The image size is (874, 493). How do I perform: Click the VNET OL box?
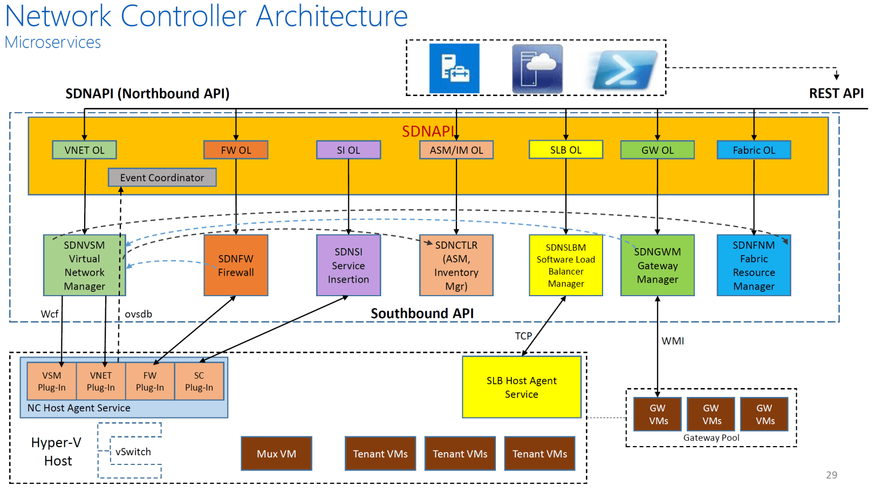(84, 150)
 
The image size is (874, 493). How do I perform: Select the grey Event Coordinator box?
(162, 177)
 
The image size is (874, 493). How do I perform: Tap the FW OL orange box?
(236, 150)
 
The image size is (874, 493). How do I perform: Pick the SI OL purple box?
(349, 150)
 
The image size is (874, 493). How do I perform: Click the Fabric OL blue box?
(754, 150)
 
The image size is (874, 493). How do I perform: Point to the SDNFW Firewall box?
(236, 265)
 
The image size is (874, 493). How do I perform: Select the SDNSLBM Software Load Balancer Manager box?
(566, 265)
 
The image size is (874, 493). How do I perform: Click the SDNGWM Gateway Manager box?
(657, 265)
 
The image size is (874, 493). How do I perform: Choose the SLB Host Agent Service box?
(521, 387)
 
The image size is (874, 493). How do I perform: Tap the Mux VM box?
(276, 454)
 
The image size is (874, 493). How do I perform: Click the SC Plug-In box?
(199, 381)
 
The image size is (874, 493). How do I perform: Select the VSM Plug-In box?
(52, 381)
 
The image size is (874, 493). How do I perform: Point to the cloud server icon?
(537, 69)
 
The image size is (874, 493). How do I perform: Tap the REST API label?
(836, 93)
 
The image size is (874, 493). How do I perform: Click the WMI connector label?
(673, 341)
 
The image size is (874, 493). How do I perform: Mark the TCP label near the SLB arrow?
(523, 336)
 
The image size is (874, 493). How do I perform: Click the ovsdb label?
(139, 314)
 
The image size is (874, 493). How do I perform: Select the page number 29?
(831, 475)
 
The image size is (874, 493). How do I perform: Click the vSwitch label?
(133, 452)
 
